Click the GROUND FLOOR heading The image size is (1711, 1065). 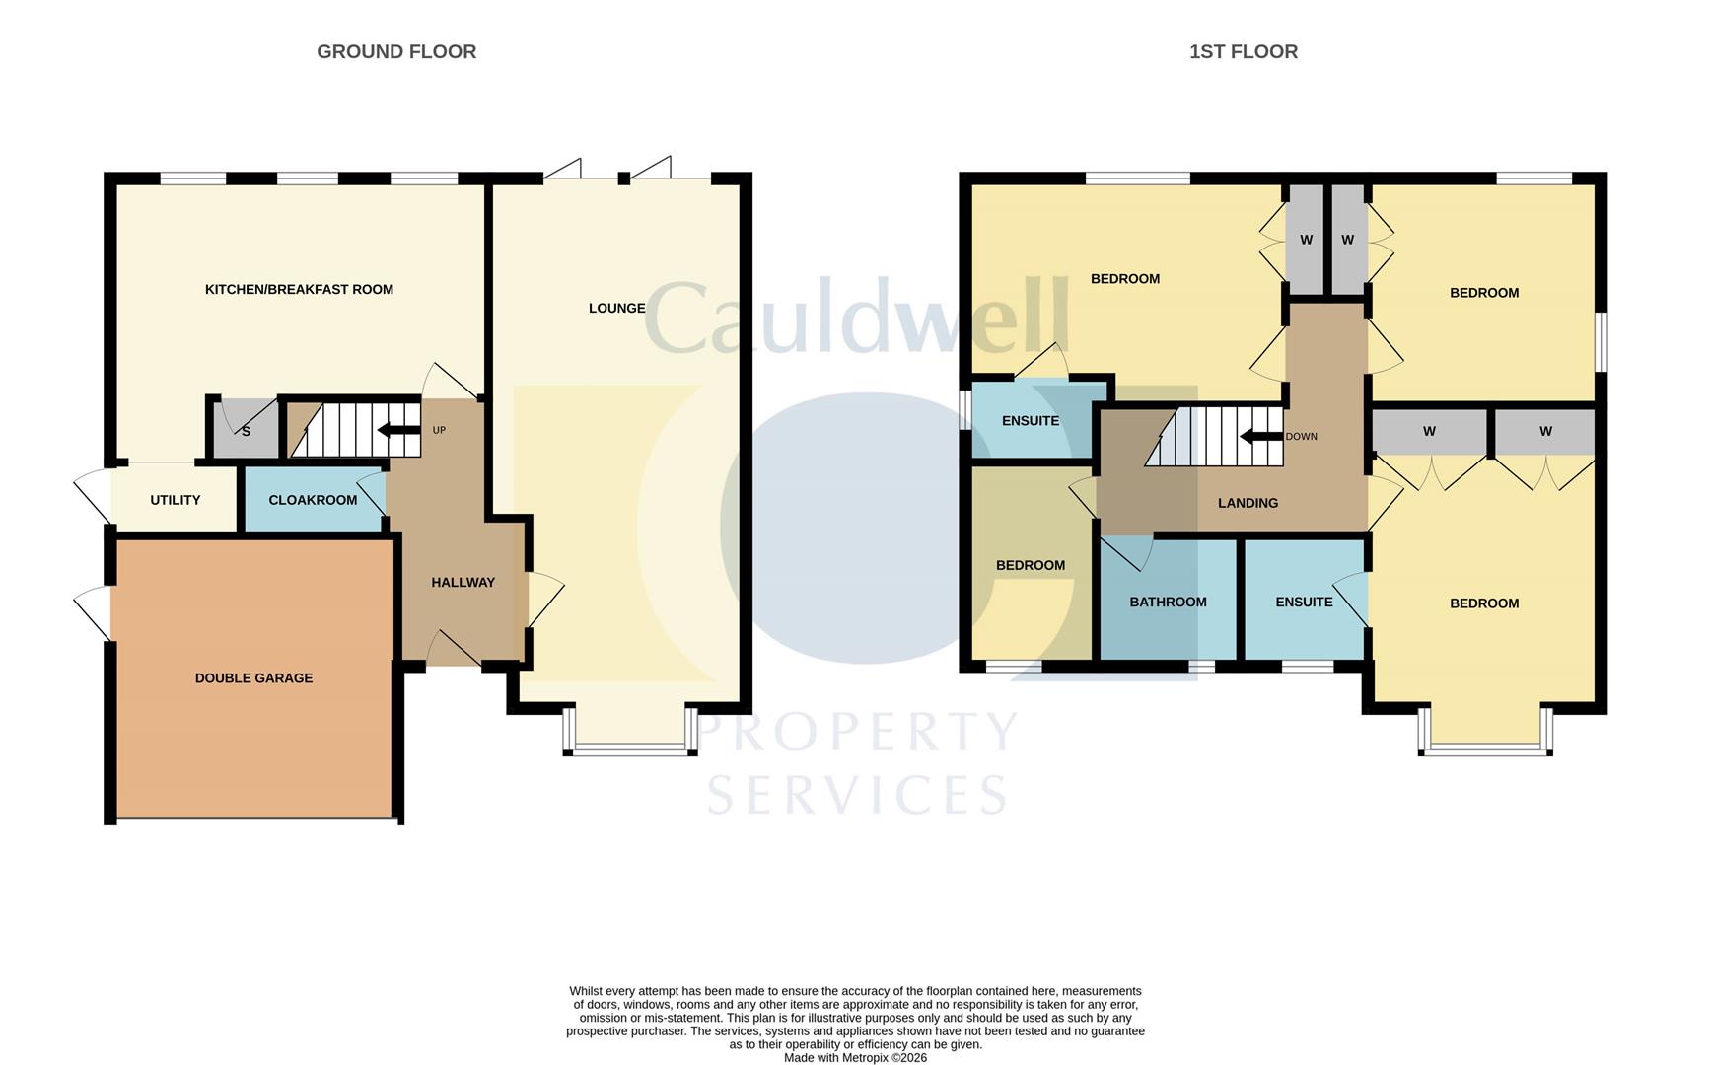[395, 51]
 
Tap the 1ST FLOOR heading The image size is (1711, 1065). [1243, 51]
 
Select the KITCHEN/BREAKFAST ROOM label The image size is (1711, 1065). [299, 289]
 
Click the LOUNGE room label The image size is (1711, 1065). [616, 308]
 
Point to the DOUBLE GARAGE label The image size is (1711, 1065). [253, 677]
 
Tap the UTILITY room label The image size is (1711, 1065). [175, 500]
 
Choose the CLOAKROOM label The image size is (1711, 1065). [313, 500]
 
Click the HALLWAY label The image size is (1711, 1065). [463, 582]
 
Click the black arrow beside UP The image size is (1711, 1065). [398, 430]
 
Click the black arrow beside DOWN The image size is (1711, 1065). [1260, 436]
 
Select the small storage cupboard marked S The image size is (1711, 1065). [246, 431]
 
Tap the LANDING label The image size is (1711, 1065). [1248, 503]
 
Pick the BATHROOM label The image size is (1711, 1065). [1168, 602]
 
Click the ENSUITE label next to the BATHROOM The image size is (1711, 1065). [1304, 602]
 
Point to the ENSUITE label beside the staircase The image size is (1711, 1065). [1030, 421]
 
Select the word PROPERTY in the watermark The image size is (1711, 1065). [858, 732]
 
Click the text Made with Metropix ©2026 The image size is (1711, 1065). [855, 1057]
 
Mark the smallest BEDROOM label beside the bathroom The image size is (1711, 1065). [1030, 565]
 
